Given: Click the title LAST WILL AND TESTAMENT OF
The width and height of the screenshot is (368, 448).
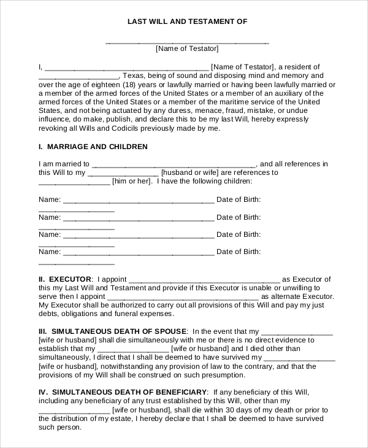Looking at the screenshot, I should coord(187,21).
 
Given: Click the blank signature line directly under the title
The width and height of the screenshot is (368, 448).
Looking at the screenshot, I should coord(187,44).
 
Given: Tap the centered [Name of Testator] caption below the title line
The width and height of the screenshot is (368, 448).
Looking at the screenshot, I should coord(187,49).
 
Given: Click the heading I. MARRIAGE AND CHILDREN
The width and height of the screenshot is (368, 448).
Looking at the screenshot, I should coord(93,147).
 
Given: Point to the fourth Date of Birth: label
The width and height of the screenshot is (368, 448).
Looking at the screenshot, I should coord(239,252).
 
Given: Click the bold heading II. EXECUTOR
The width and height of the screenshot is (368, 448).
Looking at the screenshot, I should coord(66,279).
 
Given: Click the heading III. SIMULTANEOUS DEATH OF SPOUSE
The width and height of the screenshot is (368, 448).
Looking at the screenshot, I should coord(112,331).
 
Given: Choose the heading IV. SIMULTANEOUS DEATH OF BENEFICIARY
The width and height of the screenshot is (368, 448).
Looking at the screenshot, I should coord(123,392).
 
